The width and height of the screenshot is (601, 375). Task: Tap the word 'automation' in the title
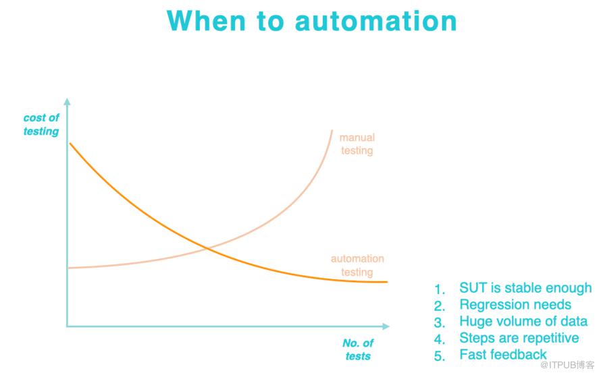point(375,22)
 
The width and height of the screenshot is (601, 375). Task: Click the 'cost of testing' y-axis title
point(41,124)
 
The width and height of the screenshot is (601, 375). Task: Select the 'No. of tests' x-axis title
point(358,349)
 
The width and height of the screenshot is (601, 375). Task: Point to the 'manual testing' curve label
point(357,144)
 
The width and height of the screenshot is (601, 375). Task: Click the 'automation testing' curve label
point(357,265)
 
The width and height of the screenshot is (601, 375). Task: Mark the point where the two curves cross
point(207,249)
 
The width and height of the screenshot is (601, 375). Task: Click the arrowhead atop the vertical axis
point(67,102)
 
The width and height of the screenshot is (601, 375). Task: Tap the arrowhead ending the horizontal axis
point(386,326)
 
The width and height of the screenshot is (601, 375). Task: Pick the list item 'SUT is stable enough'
point(525,288)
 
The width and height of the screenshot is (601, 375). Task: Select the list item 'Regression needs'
point(515,305)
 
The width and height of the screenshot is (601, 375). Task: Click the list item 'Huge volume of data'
point(523,321)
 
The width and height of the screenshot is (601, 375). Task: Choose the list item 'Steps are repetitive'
point(519,338)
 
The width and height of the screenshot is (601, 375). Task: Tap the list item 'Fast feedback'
point(503,355)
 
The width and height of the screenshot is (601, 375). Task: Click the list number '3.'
point(439,322)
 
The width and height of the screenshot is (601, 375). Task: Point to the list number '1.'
point(439,289)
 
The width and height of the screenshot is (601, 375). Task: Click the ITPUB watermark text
point(567,365)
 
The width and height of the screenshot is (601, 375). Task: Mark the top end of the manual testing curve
point(332,130)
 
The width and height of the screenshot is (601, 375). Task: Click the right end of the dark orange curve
point(387,282)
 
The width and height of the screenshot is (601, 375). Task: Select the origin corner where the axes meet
point(67,326)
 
